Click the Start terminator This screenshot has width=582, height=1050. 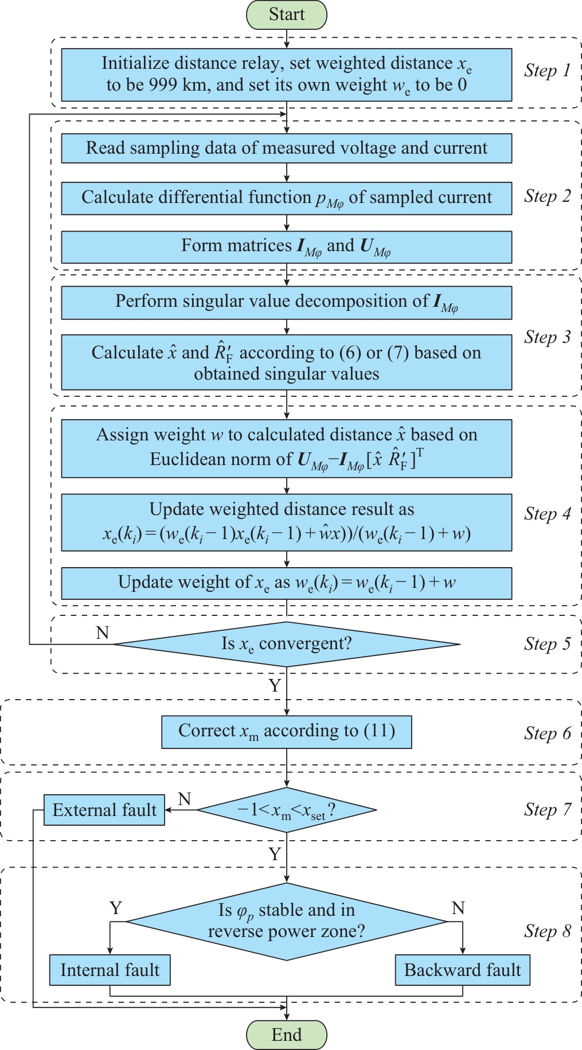pyautogui.click(x=287, y=15)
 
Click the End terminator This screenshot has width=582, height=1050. pyautogui.click(x=287, y=1035)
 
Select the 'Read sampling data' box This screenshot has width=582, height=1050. pyautogui.click(x=287, y=148)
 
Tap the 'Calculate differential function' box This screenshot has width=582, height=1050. pyautogui.click(x=287, y=198)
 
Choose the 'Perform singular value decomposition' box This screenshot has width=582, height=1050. pyautogui.click(x=287, y=302)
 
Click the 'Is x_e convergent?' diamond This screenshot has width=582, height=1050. pyautogui.click(x=287, y=644)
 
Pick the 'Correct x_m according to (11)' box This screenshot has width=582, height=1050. pyautogui.click(x=287, y=731)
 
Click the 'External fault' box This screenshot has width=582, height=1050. pyautogui.click(x=104, y=810)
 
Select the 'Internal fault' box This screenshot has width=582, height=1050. pyautogui.click(x=110, y=970)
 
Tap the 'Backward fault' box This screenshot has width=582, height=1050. pyautogui.click(x=462, y=970)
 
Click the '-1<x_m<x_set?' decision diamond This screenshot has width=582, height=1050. pyautogui.click(x=287, y=810)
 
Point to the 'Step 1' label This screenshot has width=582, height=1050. pyautogui.click(x=548, y=71)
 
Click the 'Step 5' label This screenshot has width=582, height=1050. pyautogui.click(x=548, y=644)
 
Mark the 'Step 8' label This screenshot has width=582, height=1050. pyautogui.click(x=548, y=931)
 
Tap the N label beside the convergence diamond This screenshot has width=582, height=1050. pyautogui.click(x=102, y=633)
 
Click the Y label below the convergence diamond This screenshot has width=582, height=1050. pyautogui.click(x=275, y=685)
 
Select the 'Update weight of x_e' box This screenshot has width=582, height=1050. pyautogui.click(x=287, y=583)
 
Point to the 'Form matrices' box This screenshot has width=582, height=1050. pyautogui.click(x=287, y=247)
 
